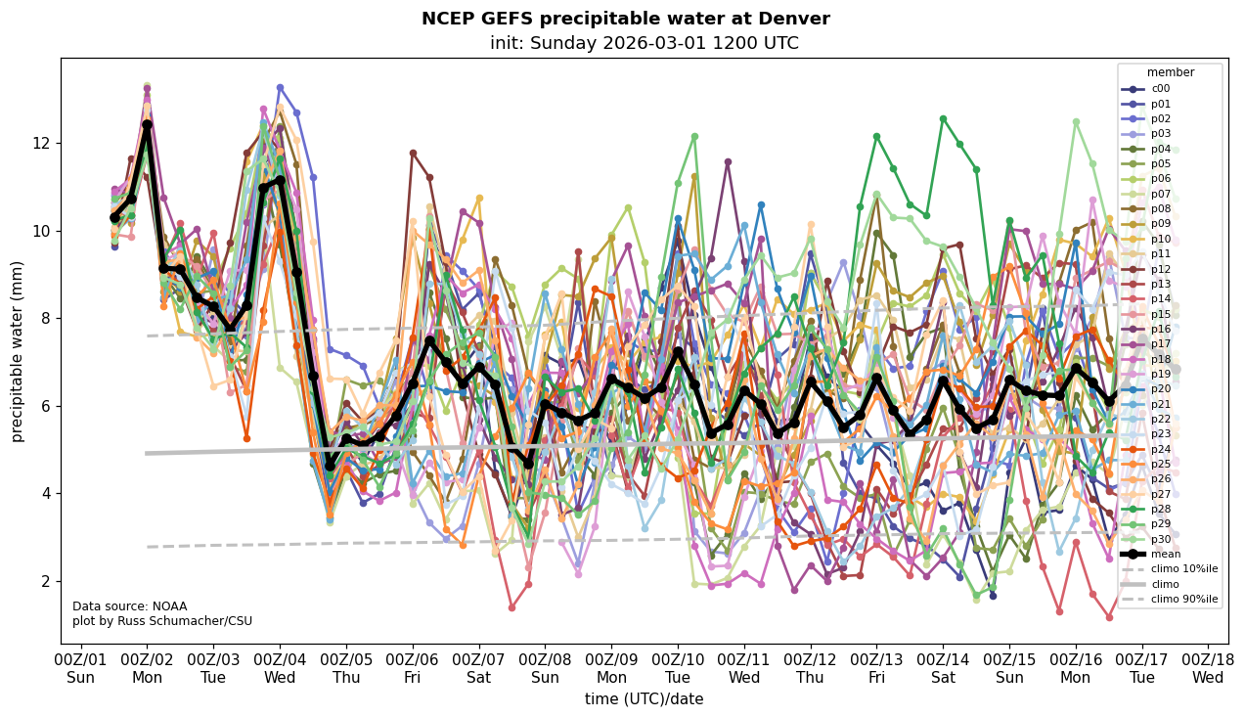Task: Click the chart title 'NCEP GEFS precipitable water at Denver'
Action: tap(625, 19)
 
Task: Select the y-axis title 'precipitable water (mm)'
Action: tap(19, 350)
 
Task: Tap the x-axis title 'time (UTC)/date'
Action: tap(644, 698)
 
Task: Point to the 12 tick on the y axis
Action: tap(43, 143)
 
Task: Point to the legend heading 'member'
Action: tap(1171, 72)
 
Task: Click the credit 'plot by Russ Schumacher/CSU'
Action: tap(156, 621)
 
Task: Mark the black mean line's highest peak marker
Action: tap(147, 124)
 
